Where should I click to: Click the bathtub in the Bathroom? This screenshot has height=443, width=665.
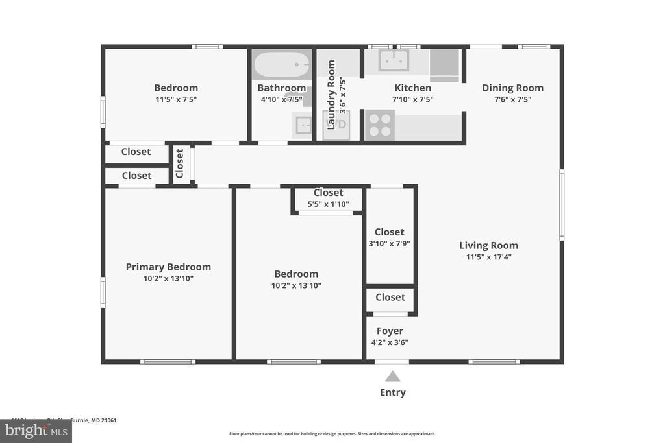[282, 66]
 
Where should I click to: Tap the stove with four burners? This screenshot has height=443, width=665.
[379, 125]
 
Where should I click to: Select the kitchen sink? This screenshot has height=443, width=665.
[394, 61]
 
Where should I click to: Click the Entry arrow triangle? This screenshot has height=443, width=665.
[392, 376]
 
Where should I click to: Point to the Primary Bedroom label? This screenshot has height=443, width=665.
[168, 267]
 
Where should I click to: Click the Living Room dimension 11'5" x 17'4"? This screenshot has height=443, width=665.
[488, 257]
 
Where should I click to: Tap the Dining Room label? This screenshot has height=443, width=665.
[512, 88]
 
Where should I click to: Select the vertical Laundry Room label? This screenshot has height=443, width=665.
[331, 94]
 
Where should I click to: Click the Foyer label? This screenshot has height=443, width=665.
[390, 331]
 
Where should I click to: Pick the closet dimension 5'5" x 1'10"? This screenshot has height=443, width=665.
[328, 204]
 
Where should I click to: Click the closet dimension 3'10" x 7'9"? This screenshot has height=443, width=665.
[389, 244]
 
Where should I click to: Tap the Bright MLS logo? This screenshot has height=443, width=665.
[35, 431]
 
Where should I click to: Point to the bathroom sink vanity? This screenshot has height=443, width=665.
[303, 125]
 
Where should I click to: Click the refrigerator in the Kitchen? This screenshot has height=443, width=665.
[445, 64]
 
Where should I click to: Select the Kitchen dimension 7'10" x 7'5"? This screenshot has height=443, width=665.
[412, 100]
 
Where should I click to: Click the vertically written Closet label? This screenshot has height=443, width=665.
[180, 163]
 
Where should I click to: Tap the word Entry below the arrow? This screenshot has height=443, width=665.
[392, 392]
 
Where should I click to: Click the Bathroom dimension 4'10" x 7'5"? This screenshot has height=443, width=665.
[281, 100]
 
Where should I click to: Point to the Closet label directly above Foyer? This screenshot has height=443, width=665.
[390, 297]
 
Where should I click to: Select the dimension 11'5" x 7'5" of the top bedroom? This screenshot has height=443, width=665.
[175, 100]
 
